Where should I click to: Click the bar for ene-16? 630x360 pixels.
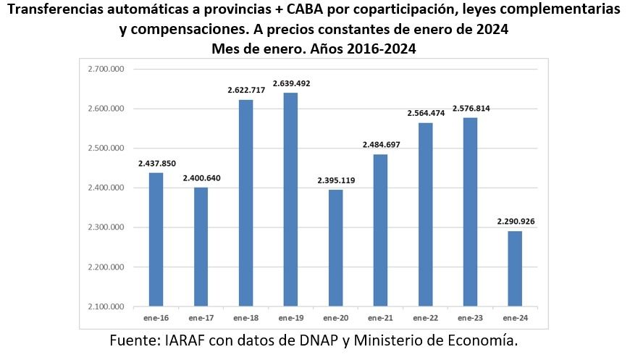pos(156,239)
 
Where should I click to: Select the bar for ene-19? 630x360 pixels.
pos(290,199)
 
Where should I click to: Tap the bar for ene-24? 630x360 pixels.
pos(515,269)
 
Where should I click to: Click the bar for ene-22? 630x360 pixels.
pos(425,214)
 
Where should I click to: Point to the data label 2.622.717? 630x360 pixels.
pos(246,91)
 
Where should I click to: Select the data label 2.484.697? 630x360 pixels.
pos(380,145)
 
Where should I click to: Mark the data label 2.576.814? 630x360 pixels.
pos(470,109)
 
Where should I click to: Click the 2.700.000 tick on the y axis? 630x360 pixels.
pos(106,70)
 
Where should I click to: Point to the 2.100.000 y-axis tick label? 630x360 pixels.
pos(106,307)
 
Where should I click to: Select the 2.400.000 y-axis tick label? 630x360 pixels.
pos(106,188)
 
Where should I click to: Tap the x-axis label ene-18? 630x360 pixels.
pos(246,318)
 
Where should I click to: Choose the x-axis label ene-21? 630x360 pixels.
pos(380,318)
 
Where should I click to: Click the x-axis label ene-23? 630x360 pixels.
pos(470,318)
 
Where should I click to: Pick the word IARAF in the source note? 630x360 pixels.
pos(184,341)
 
